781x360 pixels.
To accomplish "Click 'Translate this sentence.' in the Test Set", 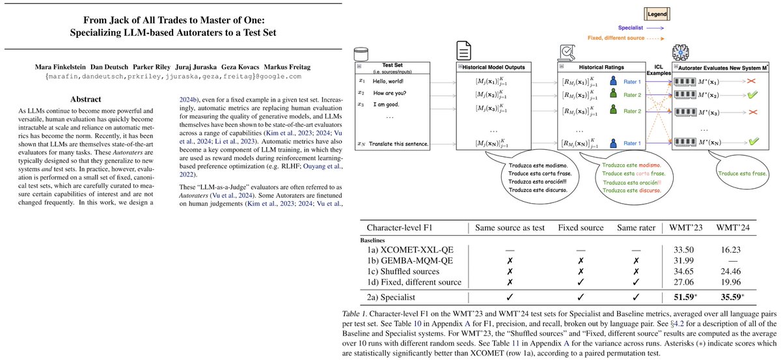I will pyautogui.click(x=400, y=143).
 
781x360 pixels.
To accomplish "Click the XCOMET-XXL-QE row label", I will pyautogui.click(x=415, y=248).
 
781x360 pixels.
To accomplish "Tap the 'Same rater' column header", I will pyautogui.click(x=637, y=228).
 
